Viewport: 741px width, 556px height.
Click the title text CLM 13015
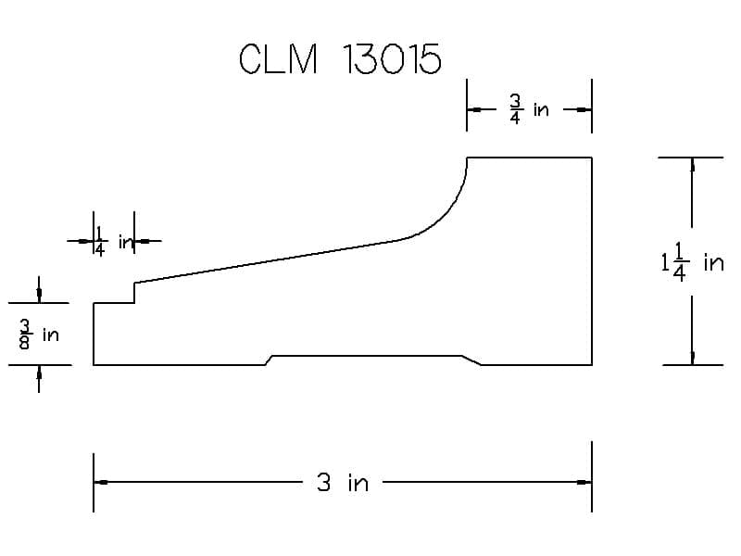[340, 58]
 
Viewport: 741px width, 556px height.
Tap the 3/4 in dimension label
[529, 109]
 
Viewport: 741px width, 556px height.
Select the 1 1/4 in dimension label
[692, 262]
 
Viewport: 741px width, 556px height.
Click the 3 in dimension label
[343, 483]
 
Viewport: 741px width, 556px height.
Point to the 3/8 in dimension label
[39, 335]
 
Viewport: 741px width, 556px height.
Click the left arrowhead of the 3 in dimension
[101, 482]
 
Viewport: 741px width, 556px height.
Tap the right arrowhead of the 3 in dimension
[584, 482]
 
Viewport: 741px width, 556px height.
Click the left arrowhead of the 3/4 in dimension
[474, 109]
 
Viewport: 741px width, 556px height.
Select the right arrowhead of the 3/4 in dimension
[584, 109]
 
